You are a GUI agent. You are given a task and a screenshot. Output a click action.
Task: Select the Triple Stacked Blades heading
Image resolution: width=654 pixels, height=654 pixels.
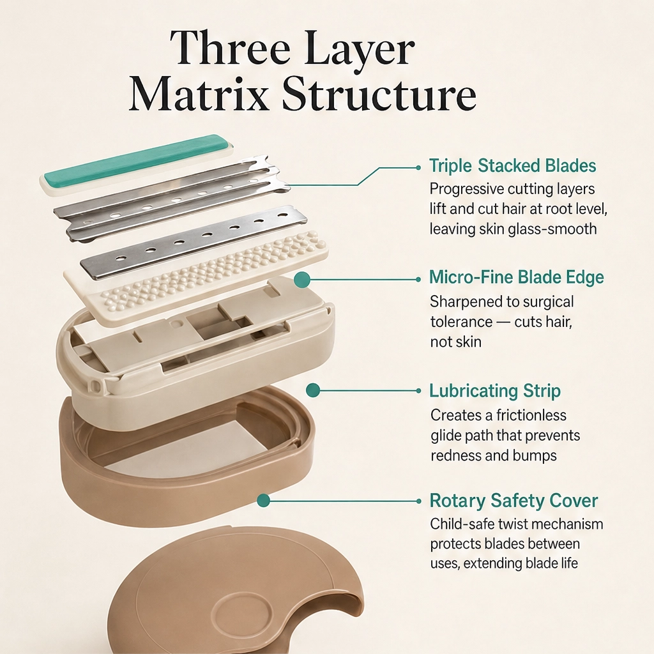[513, 166]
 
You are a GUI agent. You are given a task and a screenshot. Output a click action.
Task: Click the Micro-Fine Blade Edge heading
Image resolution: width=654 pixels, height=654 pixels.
[516, 277]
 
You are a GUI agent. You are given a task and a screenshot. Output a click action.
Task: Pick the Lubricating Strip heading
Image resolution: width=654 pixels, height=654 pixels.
[495, 392]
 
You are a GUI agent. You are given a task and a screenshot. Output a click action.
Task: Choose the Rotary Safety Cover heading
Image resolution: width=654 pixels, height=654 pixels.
[514, 501]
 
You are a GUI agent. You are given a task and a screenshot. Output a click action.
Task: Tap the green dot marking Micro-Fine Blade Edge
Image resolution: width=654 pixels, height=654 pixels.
[302, 280]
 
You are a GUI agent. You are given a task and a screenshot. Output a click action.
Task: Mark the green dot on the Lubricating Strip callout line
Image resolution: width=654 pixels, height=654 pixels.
[313, 391]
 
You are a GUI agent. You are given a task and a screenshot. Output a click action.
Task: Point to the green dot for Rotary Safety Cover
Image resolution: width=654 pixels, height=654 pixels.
[263, 500]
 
